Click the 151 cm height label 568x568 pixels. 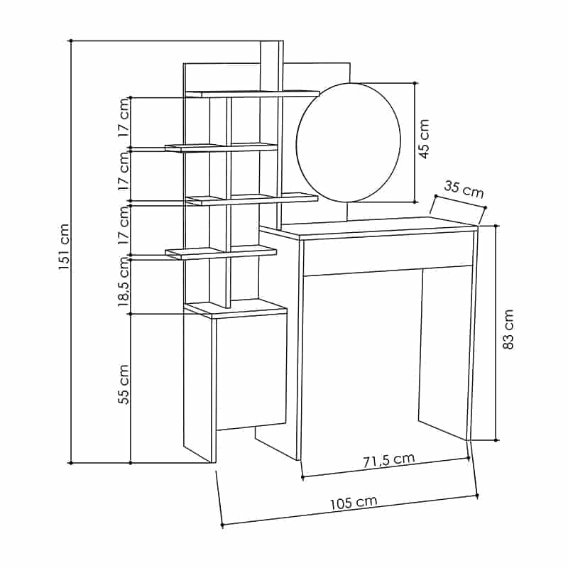pos(64,246)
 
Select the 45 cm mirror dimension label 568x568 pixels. pos(424,138)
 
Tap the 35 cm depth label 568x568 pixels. pos(464,190)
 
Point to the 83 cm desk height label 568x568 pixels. pos(508,329)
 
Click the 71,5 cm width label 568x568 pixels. pos(388,460)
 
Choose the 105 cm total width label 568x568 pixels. pos(354,503)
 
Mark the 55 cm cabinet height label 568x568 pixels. pos(124,384)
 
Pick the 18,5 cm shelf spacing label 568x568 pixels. pos(124,281)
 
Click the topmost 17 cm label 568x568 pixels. pos(124,117)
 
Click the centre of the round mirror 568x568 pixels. pos(349,143)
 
